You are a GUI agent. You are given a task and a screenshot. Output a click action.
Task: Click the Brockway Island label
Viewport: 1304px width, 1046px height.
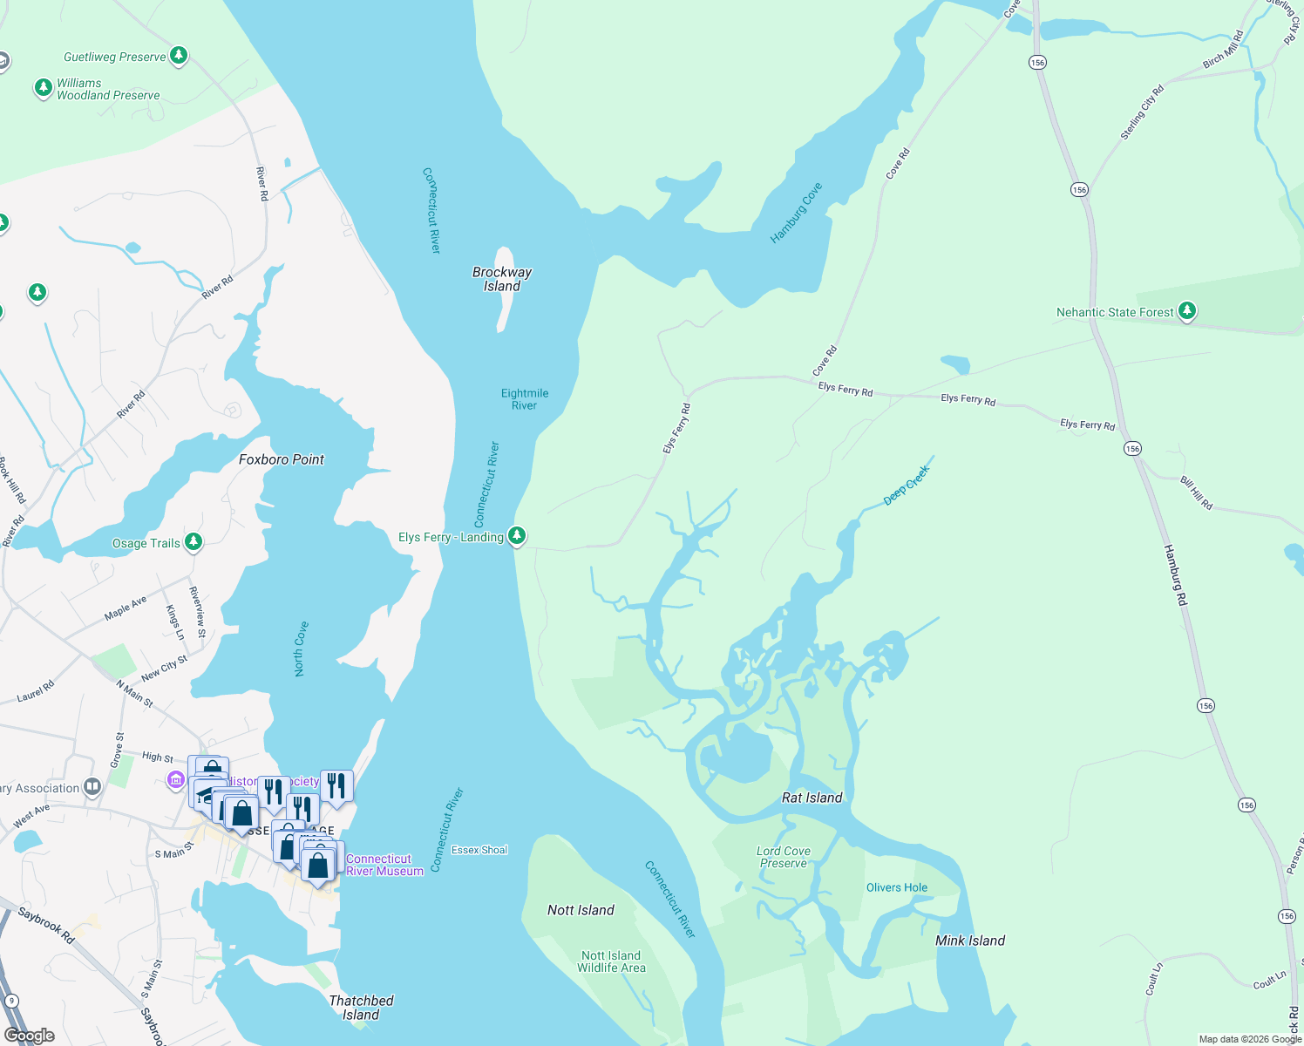(x=502, y=279)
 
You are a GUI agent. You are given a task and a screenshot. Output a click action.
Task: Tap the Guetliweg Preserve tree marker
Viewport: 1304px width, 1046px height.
(x=179, y=57)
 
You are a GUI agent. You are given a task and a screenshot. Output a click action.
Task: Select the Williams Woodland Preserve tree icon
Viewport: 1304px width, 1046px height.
(x=43, y=88)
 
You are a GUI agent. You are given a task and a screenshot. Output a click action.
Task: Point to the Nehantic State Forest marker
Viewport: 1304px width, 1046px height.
(x=1186, y=311)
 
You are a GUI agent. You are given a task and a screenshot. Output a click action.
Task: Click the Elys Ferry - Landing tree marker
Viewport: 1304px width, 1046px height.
(x=517, y=535)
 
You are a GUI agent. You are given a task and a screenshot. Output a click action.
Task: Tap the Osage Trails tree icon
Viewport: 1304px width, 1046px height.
(x=194, y=542)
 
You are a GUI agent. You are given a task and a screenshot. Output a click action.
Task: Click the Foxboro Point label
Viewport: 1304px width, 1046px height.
(x=282, y=459)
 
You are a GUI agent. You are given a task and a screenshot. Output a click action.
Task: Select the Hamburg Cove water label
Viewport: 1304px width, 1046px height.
(x=796, y=213)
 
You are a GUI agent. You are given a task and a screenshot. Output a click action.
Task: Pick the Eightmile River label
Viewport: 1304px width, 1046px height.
(x=525, y=399)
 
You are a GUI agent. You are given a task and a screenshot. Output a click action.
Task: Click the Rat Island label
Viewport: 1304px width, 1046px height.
(x=812, y=798)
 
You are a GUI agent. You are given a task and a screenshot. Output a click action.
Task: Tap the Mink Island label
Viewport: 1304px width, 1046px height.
(x=970, y=941)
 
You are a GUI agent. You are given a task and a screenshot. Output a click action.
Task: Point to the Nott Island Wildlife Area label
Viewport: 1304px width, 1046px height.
(x=611, y=961)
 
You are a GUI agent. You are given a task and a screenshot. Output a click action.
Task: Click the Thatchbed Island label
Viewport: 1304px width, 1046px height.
(x=361, y=1008)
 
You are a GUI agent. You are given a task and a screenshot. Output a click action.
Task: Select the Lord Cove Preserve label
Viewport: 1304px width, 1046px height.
(x=784, y=857)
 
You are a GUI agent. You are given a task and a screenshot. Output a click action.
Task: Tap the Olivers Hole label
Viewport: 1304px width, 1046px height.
(x=897, y=887)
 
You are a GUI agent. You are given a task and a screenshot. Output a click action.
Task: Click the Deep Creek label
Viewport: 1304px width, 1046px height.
(x=907, y=486)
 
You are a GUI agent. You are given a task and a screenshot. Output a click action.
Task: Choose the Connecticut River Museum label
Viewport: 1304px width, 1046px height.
(x=384, y=865)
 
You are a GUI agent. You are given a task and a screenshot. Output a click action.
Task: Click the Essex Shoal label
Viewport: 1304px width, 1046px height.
(x=479, y=850)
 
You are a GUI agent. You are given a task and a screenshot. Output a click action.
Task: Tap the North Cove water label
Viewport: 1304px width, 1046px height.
(x=300, y=649)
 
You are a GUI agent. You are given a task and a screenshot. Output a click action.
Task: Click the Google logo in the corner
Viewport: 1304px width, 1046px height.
(x=30, y=1035)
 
